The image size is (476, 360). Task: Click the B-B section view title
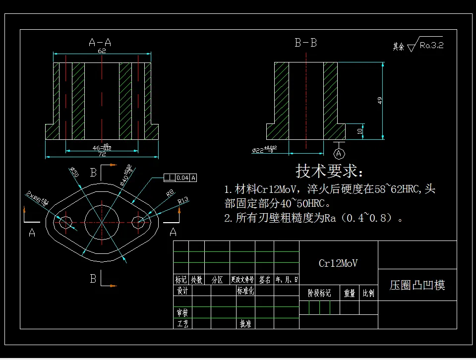[305, 43]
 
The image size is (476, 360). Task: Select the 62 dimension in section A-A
[102, 51]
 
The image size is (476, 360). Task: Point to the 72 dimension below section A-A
[102, 154]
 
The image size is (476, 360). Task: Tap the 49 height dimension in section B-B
[380, 100]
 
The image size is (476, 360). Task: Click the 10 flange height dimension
[360, 131]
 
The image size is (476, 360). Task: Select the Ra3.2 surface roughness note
[430, 45]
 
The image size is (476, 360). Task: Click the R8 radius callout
[170, 193]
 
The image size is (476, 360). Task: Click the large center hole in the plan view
[101, 221]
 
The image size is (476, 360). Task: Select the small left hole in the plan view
[65, 222]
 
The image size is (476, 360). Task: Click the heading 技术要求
[329, 172]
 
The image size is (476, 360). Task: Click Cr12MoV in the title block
[338, 263]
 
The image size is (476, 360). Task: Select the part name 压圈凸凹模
[417, 285]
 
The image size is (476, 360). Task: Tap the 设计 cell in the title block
[182, 291]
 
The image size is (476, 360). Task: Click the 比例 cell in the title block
[368, 294]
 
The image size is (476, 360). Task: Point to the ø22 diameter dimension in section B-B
[264, 150]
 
